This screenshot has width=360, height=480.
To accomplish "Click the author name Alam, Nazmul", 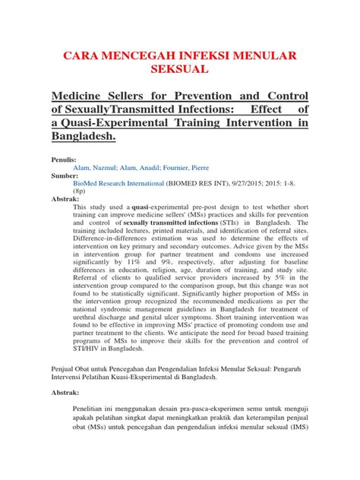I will pyautogui.click(x=96, y=168).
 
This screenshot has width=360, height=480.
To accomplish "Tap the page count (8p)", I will pyautogui.click(x=81, y=192).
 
